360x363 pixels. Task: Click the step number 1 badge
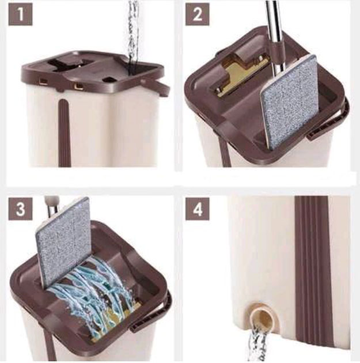[20, 14]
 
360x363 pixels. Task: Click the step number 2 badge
[198, 14]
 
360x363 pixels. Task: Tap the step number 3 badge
[20, 209]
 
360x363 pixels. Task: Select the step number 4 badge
[198, 209]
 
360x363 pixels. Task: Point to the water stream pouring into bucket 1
[134, 32]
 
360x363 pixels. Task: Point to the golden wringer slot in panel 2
[242, 78]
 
